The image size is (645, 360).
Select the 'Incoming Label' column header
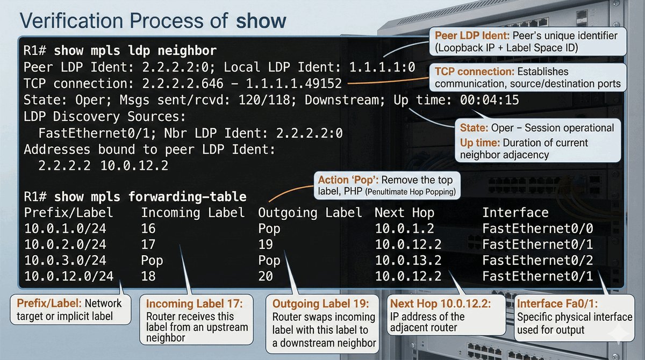(193, 212)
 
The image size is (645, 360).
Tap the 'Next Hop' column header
(404, 212)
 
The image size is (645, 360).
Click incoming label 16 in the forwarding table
(148, 229)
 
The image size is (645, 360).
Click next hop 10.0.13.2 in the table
(408, 261)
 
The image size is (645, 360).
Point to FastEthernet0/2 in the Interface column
(537, 261)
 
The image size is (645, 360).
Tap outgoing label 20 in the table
(266, 277)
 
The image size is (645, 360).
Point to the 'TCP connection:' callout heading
(471, 72)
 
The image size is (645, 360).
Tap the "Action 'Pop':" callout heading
(351, 180)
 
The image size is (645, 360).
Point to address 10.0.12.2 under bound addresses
(134, 166)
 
